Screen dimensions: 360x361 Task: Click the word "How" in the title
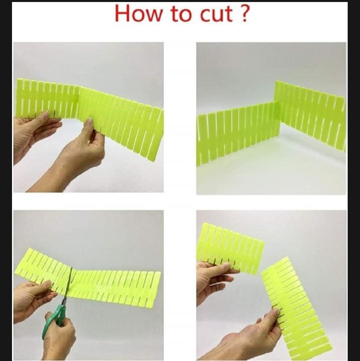(138, 13)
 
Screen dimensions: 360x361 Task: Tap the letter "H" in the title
(122, 13)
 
